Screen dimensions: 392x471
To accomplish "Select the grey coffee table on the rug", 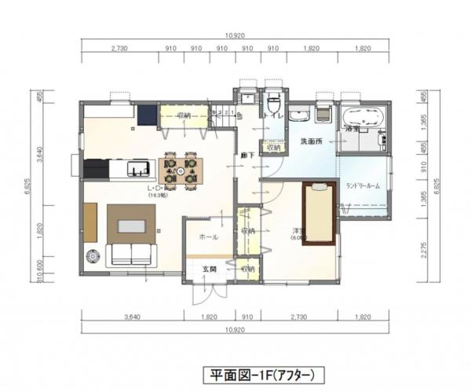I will point(132,226).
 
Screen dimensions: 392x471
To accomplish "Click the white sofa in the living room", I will point(132,255).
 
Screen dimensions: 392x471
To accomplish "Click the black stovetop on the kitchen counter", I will point(96,168).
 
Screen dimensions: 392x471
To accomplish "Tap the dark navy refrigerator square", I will point(148,115).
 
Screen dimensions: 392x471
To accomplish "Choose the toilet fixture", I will point(273,105).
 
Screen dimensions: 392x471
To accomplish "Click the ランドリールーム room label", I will point(363,185).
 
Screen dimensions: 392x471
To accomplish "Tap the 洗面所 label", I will point(312,141).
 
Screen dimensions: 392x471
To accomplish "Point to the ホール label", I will point(208,236).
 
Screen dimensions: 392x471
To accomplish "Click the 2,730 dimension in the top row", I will point(120,49).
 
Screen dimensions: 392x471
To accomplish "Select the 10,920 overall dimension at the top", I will point(236,36).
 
